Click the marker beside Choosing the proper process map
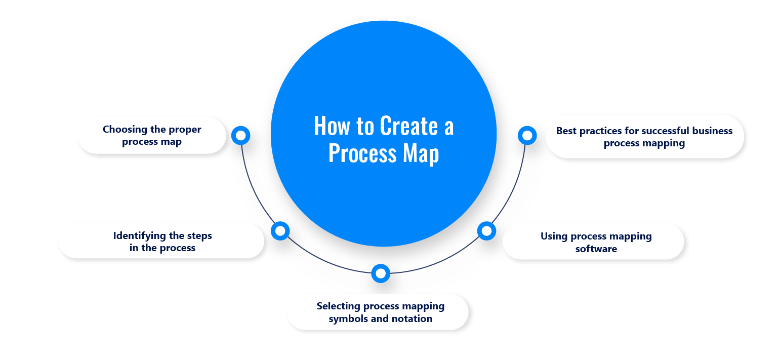click(x=241, y=135)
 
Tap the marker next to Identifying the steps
click(x=280, y=231)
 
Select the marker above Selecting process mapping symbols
click(x=381, y=273)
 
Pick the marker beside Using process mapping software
click(x=486, y=231)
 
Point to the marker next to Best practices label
click(x=527, y=135)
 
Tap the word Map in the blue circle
click(x=421, y=153)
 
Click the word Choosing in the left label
click(x=125, y=129)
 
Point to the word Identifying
click(x=140, y=235)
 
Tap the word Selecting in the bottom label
click(x=338, y=306)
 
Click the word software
click(x=596, y=249)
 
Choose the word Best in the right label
click(x=566, y=131)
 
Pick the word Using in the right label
click(x=554, y=236)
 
